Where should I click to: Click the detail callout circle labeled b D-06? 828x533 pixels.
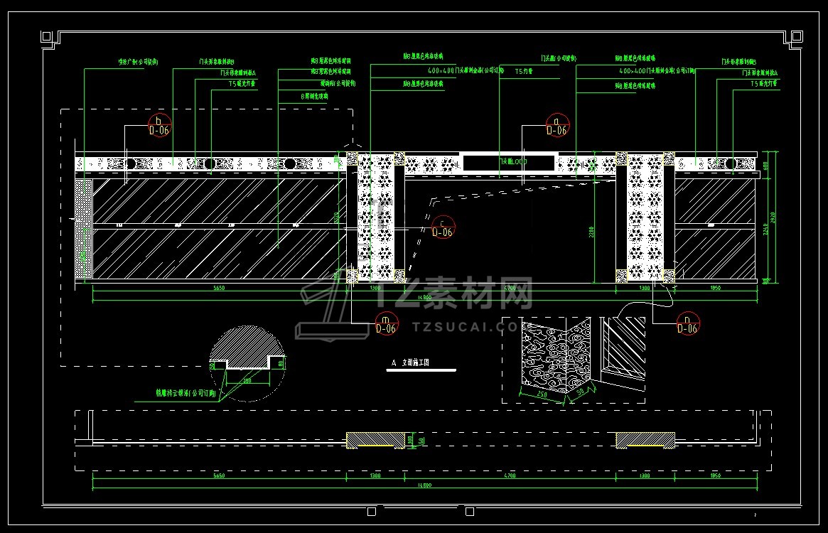pyautogui.click(x=159, y=125)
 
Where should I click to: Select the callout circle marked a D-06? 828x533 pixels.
pyautogui.click(x=557, y=125)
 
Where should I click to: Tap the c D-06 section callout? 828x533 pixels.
pyautogui.click(x=442, y=227)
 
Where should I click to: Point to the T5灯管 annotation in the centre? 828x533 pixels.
pyautogui.click(x=524, y=72)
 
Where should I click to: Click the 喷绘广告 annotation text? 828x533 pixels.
pyautogui.click(x=138, y=63)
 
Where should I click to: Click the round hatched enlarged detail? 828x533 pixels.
pyautogui.click(x=247, y=363)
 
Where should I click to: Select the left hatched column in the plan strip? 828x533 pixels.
pyautogui.click(x=375, y=440)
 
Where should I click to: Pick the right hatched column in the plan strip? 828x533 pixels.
pyautogui.click(x=645, y=440)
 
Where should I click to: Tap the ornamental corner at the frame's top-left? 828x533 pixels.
pyautogui.click(x=48, y=37)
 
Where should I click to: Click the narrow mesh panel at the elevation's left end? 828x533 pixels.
pyautogui.click(x=83, y=227)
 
